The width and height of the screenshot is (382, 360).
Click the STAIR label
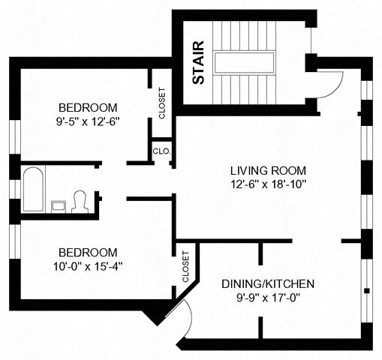coord(199,62)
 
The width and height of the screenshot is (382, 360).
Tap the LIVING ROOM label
coord(268,171)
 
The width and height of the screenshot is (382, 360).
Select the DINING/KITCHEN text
coord(268,284)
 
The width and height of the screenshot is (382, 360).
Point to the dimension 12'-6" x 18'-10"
coord(269,184)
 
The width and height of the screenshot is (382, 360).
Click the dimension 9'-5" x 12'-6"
coord(87,121)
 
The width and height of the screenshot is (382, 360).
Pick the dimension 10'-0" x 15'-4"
coord(88,266)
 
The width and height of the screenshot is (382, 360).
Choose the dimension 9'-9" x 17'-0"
coord(268,298)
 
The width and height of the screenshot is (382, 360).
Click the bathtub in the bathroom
coord(33,190)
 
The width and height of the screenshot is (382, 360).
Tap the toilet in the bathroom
coord(80,202)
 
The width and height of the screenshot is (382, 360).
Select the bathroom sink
coord(59,207)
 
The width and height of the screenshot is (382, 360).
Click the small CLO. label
coord(162,151)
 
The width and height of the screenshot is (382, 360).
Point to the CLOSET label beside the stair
coord(162,103)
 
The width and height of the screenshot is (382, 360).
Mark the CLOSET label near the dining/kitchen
coord(185,267)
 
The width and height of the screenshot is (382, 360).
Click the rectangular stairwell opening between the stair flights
coord(244,62)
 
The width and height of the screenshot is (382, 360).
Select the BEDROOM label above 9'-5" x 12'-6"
coord(88,108)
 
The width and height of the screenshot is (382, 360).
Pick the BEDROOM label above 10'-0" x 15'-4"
coord(88,253)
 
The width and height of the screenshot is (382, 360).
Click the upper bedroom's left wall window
coord(15,136)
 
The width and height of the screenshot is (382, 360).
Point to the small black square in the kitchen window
coord(367,291)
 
